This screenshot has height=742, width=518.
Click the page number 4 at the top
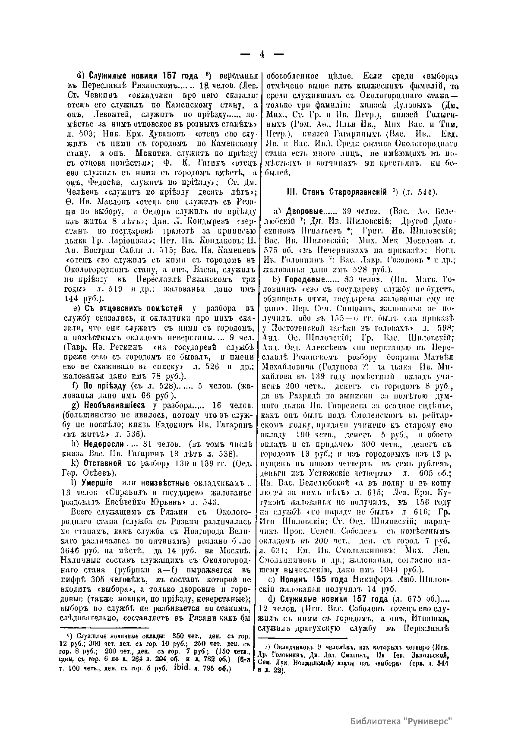(262, 55)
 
